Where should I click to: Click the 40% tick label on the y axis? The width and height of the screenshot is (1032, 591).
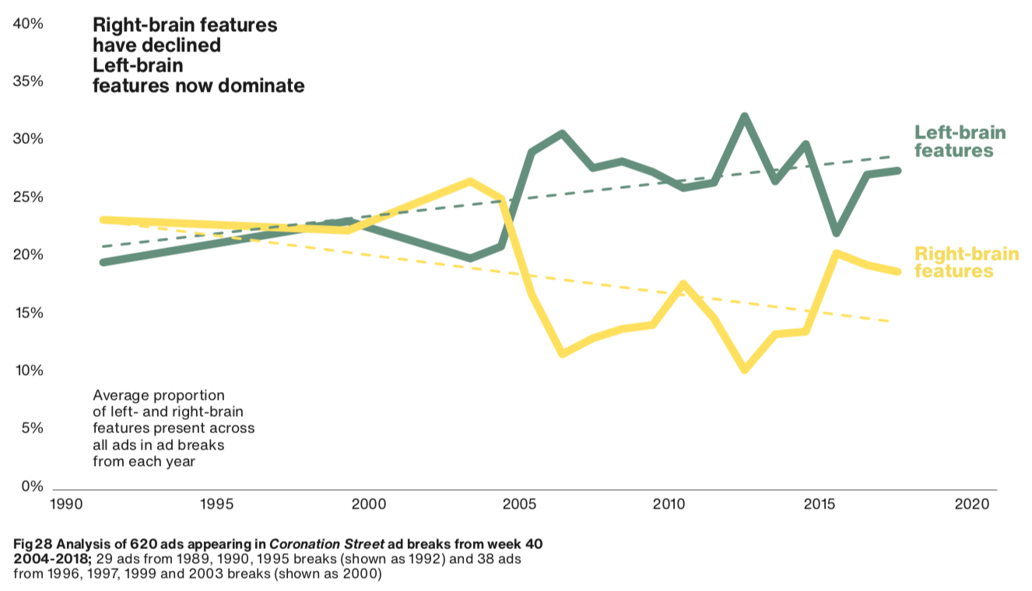[x=28, y=24]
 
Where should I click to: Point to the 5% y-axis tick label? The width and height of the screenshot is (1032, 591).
[x=32, y=428]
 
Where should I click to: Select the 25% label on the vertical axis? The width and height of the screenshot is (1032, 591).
[x=28, y=198]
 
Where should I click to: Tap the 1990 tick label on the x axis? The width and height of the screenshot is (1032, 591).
[x=68, y=504]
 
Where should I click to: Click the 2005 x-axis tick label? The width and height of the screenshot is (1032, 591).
[x=519, y=504]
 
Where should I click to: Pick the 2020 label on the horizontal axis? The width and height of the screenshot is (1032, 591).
[x=971, y=504]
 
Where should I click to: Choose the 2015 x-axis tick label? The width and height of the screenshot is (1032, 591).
[x=820, y=504]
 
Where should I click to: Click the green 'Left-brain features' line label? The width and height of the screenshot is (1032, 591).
[x=959, y=141]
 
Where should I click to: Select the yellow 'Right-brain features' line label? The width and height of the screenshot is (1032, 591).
[x=965, y=262]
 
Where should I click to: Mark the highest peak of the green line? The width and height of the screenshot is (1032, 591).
[x=744, y=117]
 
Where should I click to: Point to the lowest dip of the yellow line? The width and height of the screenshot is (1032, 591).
[x=745, y=369]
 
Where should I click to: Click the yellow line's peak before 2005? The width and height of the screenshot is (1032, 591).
[x=470, y=181]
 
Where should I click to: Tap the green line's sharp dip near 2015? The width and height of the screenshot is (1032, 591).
[x=836, y=233]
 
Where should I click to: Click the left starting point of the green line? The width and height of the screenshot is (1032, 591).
[x=104, y=262]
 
